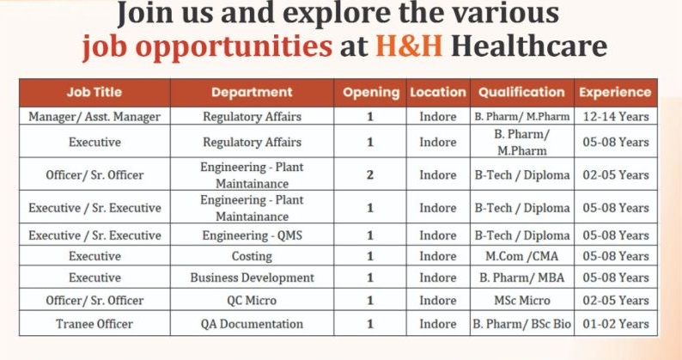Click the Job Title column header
pos(94,92)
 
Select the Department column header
pos(252,92)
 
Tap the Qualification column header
pos(521,92)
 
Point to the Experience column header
pos(615,92)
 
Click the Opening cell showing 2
pos(370,175)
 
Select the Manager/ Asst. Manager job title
pos(94,116)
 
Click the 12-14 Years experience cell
pos(615,116)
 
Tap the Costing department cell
pos(252,256)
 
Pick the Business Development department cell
pos(252,278)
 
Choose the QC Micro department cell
pos(252,301)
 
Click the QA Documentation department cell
pos(252,324)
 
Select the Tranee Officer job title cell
pos(94,324)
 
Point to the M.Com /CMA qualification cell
pos(521,256)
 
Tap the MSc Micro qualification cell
pos(521,301)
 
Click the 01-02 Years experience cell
pos(615,324)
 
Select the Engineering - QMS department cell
pos(252,235)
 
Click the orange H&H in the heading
pos(409,45)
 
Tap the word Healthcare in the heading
pos(528,45)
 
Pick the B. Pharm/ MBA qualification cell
pos(521,278)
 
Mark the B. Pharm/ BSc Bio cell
pos(521,324)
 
